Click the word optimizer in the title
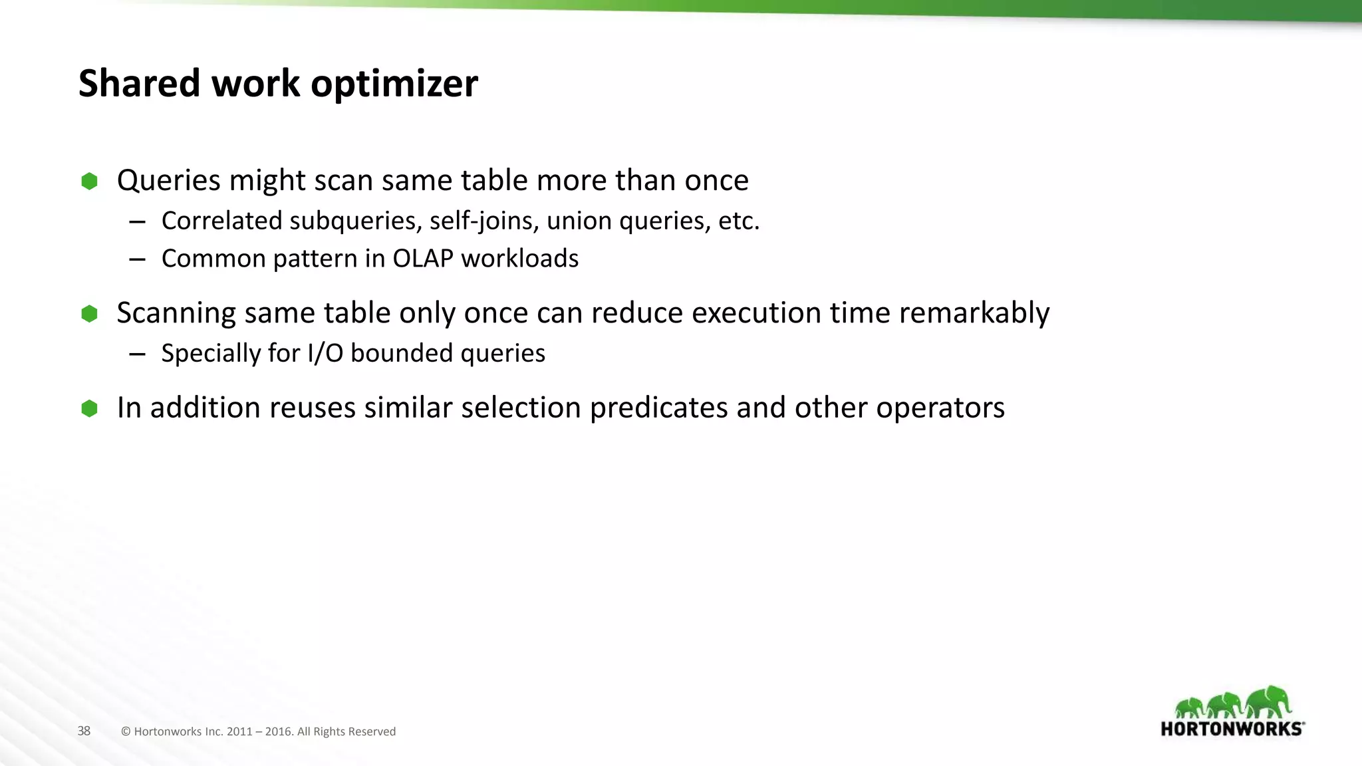[x=394, y=84]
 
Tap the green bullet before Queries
[x=89, y=181]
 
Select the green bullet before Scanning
[x=89, y=313]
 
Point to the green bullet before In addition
[x=89, y=408]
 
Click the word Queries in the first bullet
[x=168, y=181]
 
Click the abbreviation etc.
[x=739, y=221]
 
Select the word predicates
[x=658, y=408]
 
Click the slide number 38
[x=84, y=731]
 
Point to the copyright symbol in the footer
[x=126, y=731]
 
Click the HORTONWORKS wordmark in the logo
[x=1232, y=729]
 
